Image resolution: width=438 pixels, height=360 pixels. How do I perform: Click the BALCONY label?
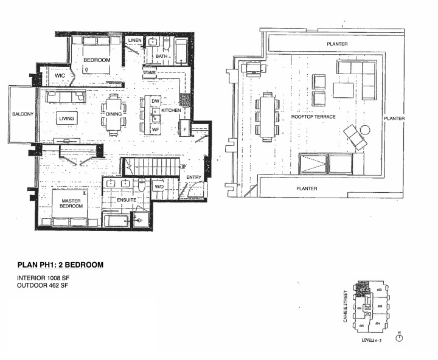click(21, 114)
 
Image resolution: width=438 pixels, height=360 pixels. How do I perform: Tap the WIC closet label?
click(60, 76)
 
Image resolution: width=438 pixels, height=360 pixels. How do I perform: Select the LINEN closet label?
click(135, 41)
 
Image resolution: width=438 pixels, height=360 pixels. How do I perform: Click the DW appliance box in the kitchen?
click(155, 101)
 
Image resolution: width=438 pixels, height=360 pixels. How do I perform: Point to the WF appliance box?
click(155, 129)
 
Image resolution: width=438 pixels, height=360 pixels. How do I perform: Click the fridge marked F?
click(184, 130)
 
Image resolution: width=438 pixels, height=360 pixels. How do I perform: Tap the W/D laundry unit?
click(158, 187)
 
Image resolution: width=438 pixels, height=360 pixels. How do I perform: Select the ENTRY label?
click(194, 177)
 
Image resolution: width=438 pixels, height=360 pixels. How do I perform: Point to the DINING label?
click(114, 114)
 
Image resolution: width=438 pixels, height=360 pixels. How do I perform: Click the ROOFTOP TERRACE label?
click(313, 116)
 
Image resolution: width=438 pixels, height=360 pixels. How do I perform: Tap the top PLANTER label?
click(336, 44)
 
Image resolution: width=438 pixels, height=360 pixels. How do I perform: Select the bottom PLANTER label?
click(307, 189)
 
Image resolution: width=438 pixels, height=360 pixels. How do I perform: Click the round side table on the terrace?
click(365, 130)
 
